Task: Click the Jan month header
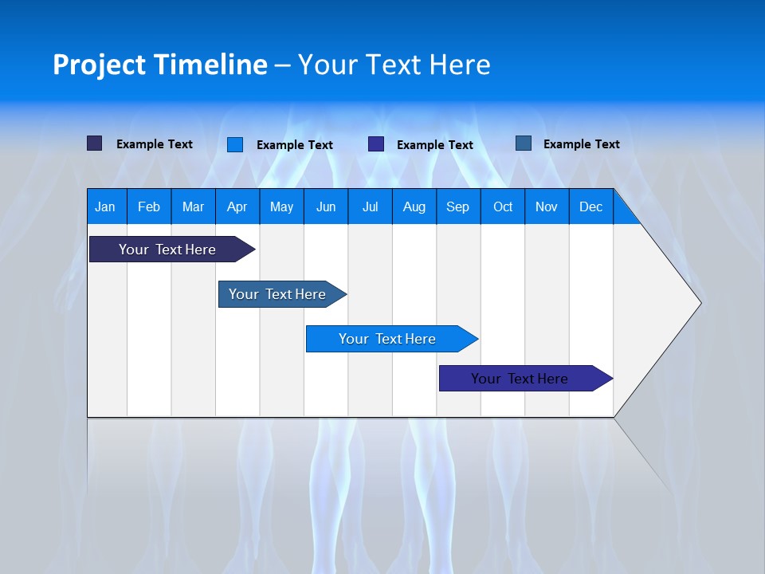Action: click(105, 206)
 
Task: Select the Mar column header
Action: click(193, 206)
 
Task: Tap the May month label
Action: click(281, 206)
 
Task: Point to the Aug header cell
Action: click(414, 206)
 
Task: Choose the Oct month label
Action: click(503, 206)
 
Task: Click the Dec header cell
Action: click(590, 206)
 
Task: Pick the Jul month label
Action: click(370, 206)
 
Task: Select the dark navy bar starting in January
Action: click(167, 250)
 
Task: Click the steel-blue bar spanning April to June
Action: click(277, 294)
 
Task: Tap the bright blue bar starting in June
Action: click(387, 339)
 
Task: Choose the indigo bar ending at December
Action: click(520, 379)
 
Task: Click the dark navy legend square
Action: click(94, 143)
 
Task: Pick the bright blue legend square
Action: click(235, 144)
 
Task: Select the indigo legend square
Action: click(376, 144)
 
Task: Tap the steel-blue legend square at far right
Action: click(524, 143)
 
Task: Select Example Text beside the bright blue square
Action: click(295, 145)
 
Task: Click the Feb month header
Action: click(149, 206)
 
